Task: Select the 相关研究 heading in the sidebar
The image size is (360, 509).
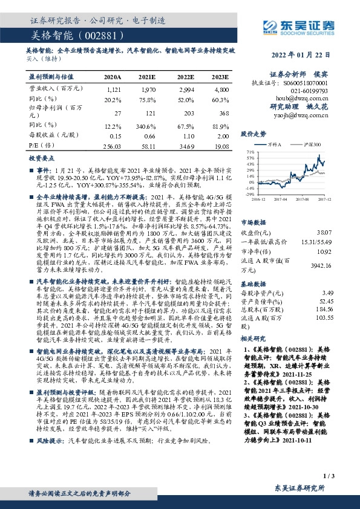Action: click(x=254, y=339)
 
